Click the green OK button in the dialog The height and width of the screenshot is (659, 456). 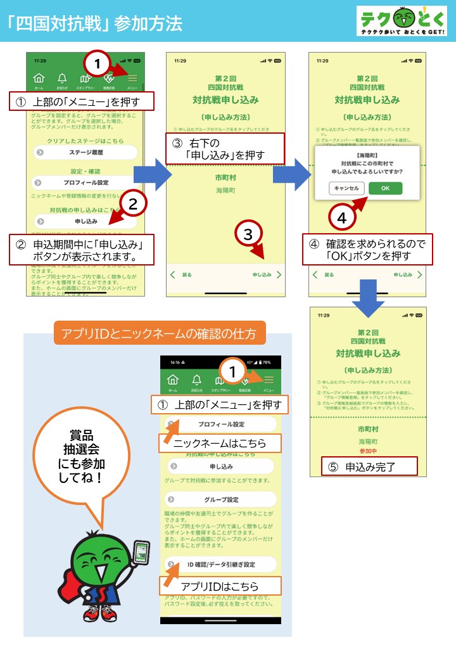tap(384, 188)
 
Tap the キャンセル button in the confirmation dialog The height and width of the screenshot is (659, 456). tap(346, 188)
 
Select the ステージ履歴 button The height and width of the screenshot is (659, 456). tap(85, 152)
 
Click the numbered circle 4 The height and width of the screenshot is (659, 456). tap(341, 219)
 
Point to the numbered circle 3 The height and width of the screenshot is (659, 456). tap(248, 234)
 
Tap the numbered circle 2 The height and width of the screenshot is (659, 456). tap(133, 204)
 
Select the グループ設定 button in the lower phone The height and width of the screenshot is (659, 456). tap(221, 499)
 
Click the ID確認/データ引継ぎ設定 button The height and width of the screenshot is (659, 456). tap(221, 564)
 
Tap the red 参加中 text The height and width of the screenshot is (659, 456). tap(368, 451)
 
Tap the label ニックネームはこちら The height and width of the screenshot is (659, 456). tap(219, 444)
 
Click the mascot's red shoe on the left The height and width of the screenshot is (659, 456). tap(91, 613)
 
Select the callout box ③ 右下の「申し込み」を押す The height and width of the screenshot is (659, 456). tap(225, 149)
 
